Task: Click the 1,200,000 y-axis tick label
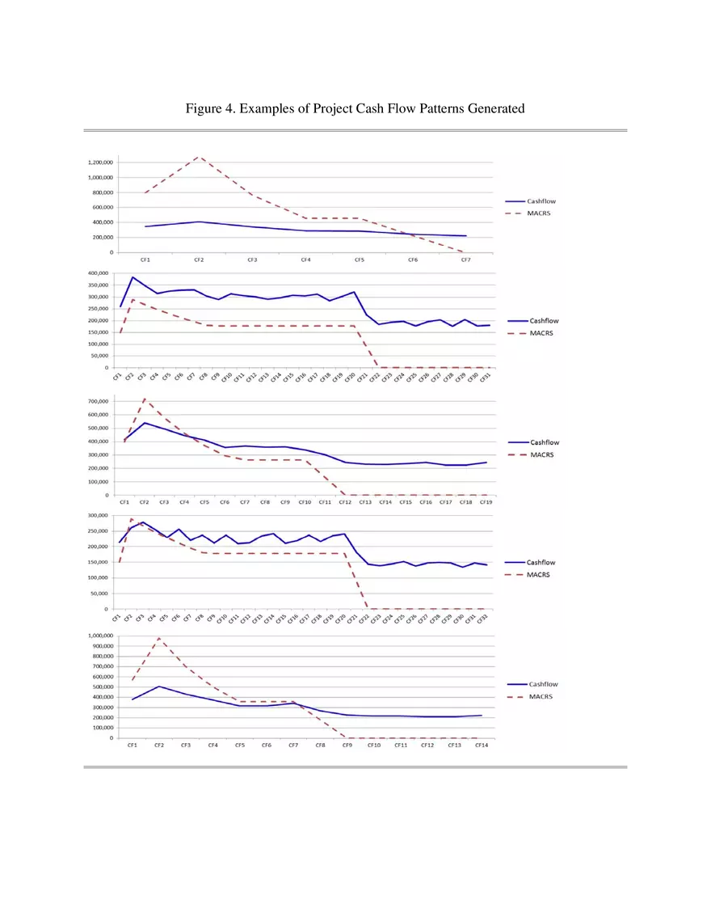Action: pyautogui.click(x=99, y=163)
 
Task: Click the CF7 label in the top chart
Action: pyautogui.click(x=466, y=260)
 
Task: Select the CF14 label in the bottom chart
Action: pyautogui.click(x=481, y=745)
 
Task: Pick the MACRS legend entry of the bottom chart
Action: pyautogui.click(x=541, y=696)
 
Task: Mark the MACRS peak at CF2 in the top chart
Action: pyautogui.click(x=199, y=157)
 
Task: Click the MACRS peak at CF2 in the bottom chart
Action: pyautogui.click(x=159, y=638)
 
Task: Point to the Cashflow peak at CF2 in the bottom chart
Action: pyautogui.click(x=159, y=687)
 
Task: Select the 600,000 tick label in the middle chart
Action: pyautogui.click(x=100, y=415)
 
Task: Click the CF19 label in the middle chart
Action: pyautogui.click(x=486, y=502)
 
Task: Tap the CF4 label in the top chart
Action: pyautogui.click(x=305, y=260)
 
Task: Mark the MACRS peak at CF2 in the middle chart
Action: pyautogui.click(x=145, y=399)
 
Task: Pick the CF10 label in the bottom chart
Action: pyautogui.click(x=374, y=745)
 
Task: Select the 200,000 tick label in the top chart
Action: pyautogui.click(x=102, y=237)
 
